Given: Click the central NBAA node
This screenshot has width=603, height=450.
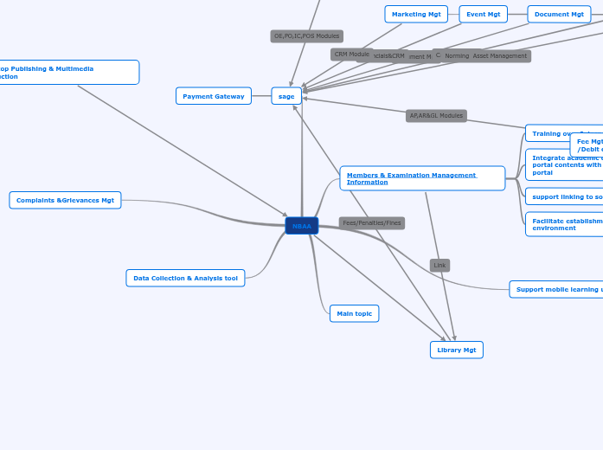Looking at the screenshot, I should coord(302,226).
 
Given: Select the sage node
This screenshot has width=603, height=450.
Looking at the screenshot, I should coord(286,96).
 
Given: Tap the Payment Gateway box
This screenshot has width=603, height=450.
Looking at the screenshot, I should coord(214,96).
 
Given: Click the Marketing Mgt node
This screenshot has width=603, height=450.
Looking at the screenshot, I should coord(416,14).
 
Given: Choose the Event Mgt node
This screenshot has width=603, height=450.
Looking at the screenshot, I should coord(483,14).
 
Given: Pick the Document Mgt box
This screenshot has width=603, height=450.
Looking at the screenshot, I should coord(559,14).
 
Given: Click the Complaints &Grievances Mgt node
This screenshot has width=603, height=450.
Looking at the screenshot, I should coord(65,200).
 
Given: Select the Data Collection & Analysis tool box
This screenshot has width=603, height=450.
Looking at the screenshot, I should coord(185,278).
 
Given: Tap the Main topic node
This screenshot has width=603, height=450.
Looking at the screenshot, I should coord(354,313).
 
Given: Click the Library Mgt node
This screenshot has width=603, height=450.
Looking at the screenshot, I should coord(456,350).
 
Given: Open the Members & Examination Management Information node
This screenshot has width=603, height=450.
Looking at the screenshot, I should coord(422,178).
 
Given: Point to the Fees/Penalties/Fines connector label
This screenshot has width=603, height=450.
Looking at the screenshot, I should coord(372,223).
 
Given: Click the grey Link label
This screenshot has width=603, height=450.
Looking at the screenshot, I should coord(439,265).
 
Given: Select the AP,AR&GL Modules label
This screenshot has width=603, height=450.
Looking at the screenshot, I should coord(436,116).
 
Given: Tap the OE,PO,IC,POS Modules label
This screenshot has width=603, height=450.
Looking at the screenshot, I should coord(307,36).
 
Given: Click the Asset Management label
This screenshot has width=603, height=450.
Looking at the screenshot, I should coord(500,56).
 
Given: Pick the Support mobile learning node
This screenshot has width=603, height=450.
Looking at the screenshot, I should coord(557,289).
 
